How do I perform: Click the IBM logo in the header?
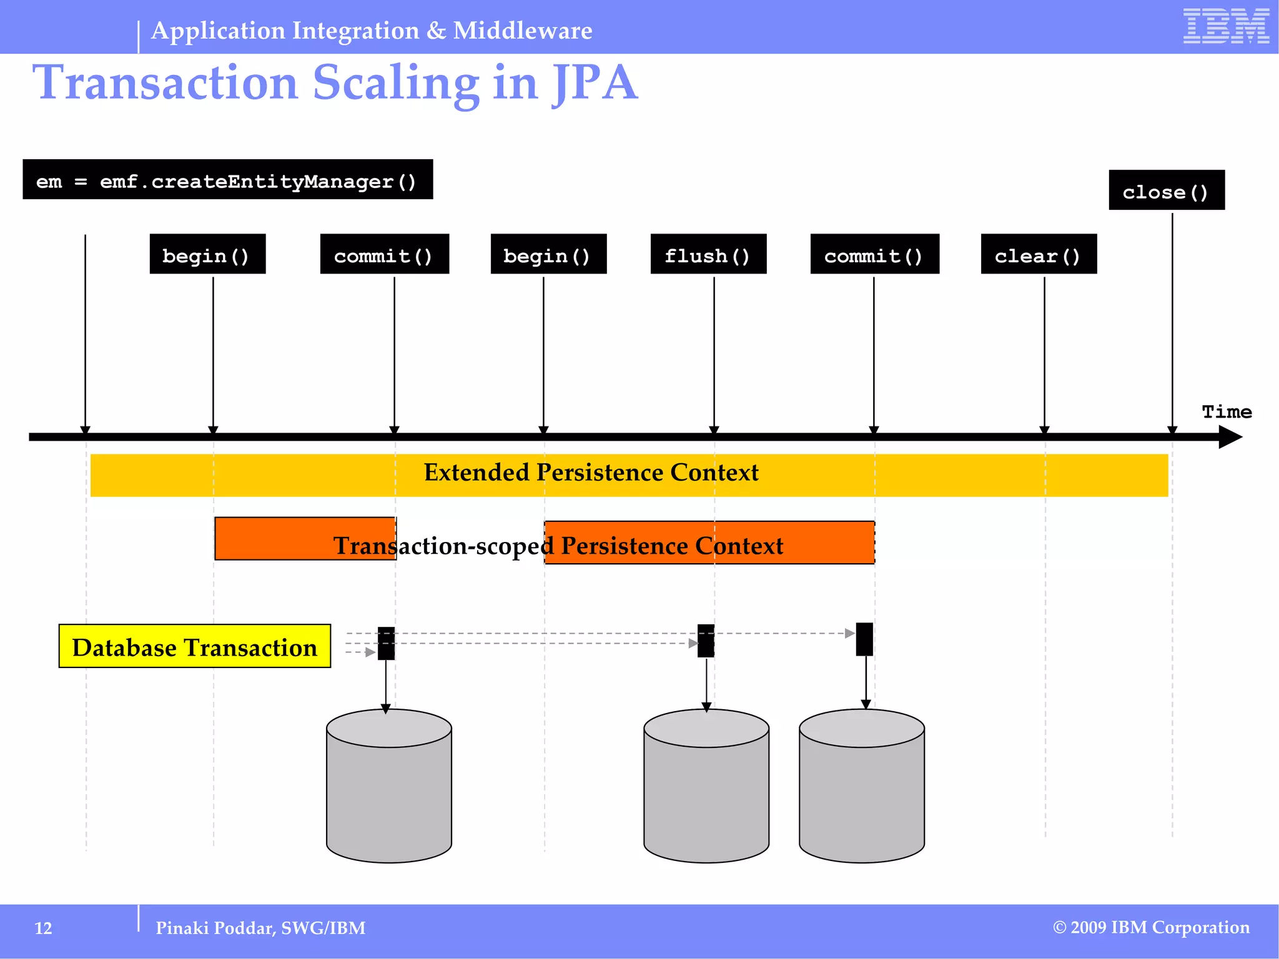[1225, 26]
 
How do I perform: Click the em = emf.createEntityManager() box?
[227, 180]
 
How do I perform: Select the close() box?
[1166, 190]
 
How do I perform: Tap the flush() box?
[708, 255]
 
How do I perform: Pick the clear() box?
[1038, 255]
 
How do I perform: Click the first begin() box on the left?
[207, 255]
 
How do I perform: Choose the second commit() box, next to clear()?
[874, 255]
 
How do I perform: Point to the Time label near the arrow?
[1227, 412]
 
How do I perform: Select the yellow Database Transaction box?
[195, 647]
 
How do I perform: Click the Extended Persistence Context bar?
[628, 475]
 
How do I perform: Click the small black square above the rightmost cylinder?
[864, 639]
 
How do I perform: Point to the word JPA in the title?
[595, 84]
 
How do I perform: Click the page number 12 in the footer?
[43, 928]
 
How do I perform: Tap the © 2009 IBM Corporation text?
[1151, 928]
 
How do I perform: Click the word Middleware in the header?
[523, 31]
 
